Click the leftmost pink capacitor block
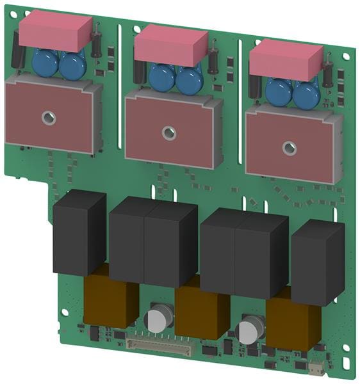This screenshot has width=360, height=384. tap(56, 31)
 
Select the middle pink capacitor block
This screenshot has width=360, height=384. tap(170, 45)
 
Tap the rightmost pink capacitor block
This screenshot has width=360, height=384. tap(285, 60)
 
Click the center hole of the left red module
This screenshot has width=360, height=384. tap(48, 118)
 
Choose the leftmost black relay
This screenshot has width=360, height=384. tap(79, 233)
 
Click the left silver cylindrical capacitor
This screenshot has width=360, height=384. tap(158, 318)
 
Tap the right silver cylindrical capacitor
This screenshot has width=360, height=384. tap(249, 330)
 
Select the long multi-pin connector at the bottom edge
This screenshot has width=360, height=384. tap(160, 346)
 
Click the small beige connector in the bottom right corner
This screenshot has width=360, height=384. tap(316, 369)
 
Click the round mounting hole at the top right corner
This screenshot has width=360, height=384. tap(346, 56)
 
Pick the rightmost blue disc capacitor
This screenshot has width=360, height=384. tap(306, 94)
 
